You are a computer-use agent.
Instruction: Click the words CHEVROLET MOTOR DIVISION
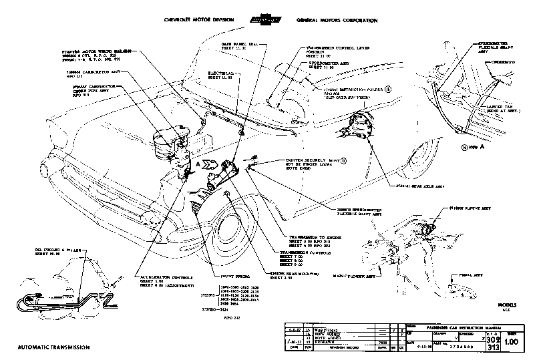tap(198, 21)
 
